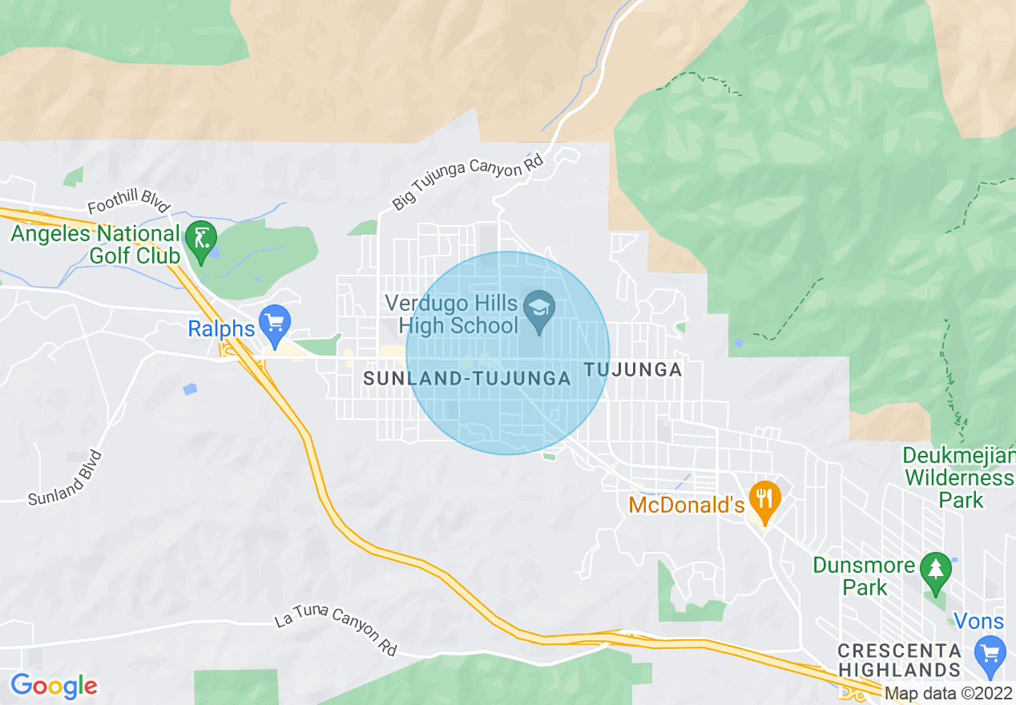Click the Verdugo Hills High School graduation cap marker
click(x=539, y=310)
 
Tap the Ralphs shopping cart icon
click(x=276, y=323)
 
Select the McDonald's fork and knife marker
click(x=766, y=500)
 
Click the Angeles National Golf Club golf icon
click(x=200, y=238)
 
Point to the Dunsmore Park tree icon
click(x=935, y=570)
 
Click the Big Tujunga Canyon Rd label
click(x=468, y=183)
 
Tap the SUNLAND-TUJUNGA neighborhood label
click(x=467, y=379)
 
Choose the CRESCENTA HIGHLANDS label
click(x=900, y=659)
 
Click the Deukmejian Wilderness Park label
click(x=958, y=477)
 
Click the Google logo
click(x=54, y=686)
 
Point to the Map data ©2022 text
click(x=948, y=693)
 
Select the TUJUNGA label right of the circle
click(x=634, y=369)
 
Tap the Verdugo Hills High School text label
click(x=452, y=314)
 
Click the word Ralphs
click(x=221, y=328)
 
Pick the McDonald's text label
click(x=687, y=505)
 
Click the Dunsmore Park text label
click(x=864, y=575)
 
